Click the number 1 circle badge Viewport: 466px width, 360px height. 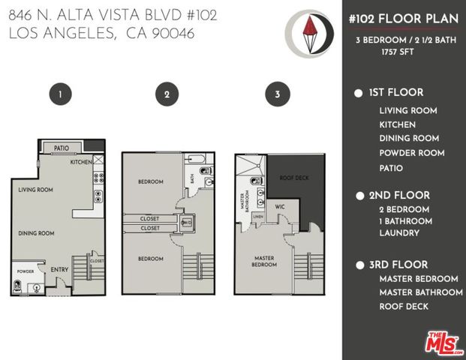point(60,94)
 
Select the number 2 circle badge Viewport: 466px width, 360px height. point(167,94)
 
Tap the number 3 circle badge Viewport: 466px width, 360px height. point(278,94)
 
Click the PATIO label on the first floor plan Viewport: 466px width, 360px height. point(62,148)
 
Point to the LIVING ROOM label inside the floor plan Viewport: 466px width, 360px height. point(36,190)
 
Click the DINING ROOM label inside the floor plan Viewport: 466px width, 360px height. point(36,233)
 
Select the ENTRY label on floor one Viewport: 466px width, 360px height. point(59,269)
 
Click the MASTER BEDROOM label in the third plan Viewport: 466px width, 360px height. point(264,261)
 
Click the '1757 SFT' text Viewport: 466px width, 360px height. point(398,52)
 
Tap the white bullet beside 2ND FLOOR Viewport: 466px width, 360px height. point(358,195)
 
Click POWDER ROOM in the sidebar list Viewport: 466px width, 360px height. point(412,152)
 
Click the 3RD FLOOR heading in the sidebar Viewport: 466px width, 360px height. point(398,265)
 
